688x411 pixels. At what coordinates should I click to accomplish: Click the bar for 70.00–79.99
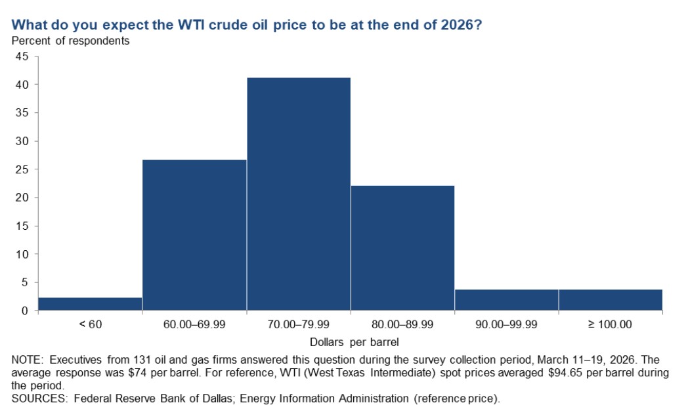point(298,194)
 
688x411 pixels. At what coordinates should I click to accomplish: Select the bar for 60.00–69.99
point(194,235)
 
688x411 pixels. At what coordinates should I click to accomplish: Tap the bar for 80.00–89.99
point(402,248)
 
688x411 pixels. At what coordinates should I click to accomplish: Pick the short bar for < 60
point(90,304)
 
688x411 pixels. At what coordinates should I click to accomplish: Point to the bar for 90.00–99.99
point(506,300)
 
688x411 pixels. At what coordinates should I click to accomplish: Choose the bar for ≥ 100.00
point(611,300)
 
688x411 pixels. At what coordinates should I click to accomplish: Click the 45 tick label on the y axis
point(22,56)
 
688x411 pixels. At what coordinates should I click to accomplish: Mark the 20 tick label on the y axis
point(22,198)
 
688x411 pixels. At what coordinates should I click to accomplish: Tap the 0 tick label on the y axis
point(25,311)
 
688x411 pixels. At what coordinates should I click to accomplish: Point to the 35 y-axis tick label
point(22,113)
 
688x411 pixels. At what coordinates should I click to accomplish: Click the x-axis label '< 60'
point(91,324)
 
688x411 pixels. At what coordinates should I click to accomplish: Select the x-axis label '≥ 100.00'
point(610,324)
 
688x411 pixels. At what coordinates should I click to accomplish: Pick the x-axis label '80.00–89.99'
point(402,324)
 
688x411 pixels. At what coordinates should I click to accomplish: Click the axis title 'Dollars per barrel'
point(355,342)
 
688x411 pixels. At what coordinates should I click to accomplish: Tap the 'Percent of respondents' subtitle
point(70,41)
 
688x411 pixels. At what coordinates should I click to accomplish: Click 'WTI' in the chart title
point(191,24)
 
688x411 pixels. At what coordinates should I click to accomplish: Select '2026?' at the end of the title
point(462,24)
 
